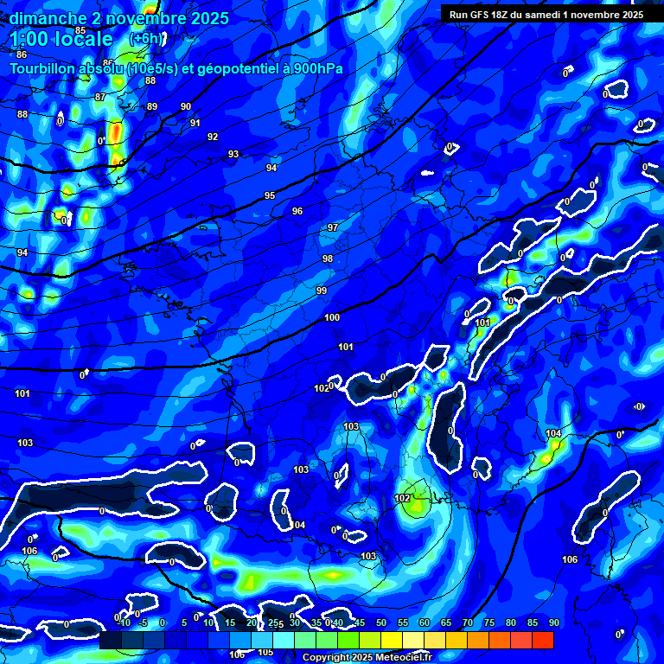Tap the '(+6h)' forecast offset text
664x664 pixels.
(145, 39)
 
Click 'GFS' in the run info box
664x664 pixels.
(482, 15)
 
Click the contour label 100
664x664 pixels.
(332, 318)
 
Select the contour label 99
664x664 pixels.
(322, 290)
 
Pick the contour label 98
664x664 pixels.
(327, 259)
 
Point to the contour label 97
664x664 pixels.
(333, 227)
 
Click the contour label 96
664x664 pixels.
(297, 212)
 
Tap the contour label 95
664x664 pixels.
(270, 196)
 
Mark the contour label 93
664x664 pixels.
(233, 154)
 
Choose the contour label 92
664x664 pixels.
(213, 137)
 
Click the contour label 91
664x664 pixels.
(195, 123)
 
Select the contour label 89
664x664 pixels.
(152, 106)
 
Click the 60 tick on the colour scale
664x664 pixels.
(425, 622)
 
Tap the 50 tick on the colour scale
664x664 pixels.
(381, 622)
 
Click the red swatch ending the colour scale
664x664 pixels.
(543, 640)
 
